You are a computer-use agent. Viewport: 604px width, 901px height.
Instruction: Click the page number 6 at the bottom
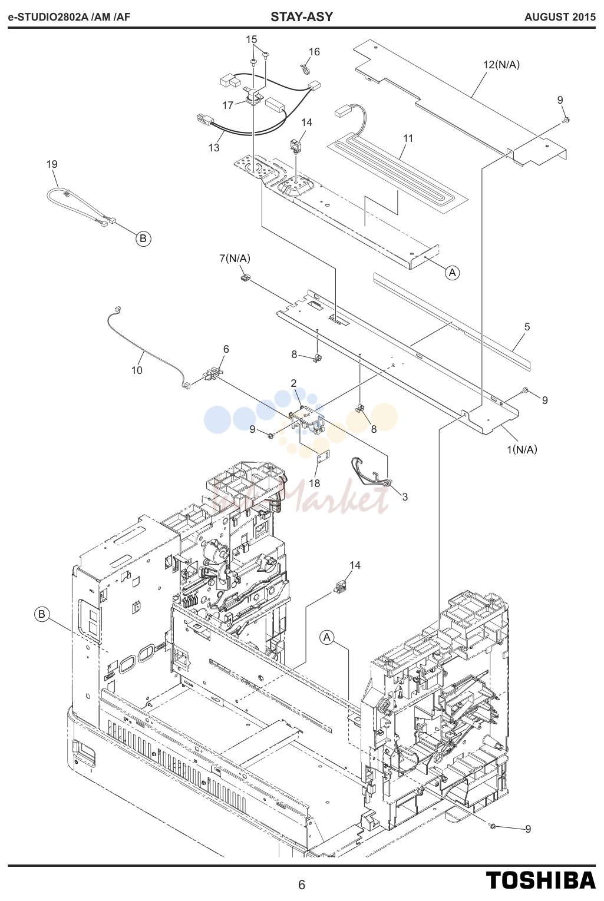point(302,885)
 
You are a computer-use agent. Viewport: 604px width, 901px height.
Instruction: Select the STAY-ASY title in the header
point(302,17)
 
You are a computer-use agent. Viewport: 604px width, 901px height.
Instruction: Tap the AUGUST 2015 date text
point(560,17)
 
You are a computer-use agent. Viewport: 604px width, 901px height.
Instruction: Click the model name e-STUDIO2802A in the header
point(48,17)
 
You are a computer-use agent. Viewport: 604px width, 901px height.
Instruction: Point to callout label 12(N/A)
point(501,64)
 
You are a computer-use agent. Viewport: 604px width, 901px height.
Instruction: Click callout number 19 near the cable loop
point(52,164)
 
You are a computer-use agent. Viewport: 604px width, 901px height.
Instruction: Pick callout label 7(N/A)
point(235,259)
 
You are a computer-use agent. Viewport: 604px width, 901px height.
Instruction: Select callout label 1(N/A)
point(522,449)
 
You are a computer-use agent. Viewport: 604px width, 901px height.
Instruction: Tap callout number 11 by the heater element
point(408,138)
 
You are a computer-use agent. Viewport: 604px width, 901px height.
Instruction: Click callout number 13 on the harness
point(214,148)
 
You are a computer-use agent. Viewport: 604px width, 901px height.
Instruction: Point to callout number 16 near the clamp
point(314,51)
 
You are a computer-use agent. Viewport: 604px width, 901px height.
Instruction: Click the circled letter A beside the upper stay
point(453,273)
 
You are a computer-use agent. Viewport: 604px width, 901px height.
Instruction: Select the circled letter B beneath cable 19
point(143,238)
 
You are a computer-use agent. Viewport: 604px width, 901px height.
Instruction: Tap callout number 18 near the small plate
point(314,483)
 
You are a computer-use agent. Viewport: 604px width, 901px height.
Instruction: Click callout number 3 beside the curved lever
point(405,497)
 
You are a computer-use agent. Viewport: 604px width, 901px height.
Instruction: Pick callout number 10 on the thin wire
point(137,370)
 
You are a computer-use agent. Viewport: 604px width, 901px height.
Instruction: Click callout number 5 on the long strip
point(527,327)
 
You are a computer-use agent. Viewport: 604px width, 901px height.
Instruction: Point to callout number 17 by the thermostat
point(228,105)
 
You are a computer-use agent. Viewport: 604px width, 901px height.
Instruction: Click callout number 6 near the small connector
point(226,349)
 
